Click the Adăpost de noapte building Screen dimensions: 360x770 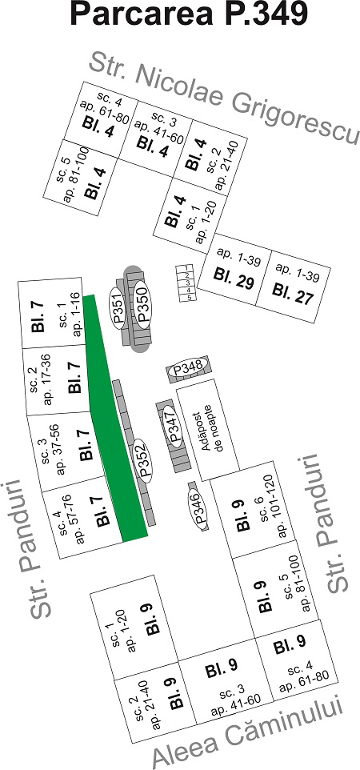(208, 429)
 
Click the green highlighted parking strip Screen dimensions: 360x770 (114, 417)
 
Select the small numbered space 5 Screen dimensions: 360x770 (189, 297)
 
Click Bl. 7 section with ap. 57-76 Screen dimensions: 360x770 (82, 518)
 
